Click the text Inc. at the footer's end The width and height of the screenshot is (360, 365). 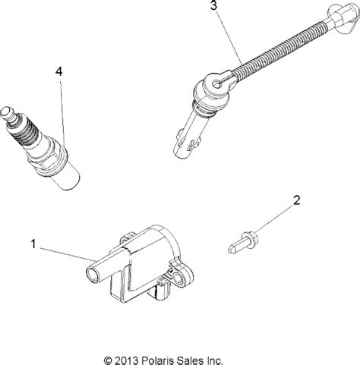coord(236,356)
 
